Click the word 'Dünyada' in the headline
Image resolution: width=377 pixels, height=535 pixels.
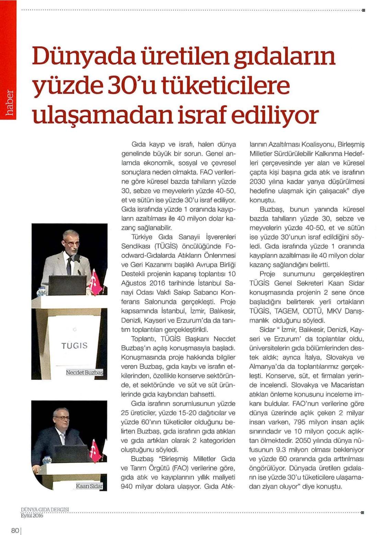click(83, 57)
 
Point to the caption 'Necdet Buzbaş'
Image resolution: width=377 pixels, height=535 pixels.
click(84, 372)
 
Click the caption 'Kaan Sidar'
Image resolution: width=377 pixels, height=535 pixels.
click(89, 486)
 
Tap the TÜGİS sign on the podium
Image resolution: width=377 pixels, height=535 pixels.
click(75, 345)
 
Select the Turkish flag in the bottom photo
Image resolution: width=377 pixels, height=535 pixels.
click(94, 450)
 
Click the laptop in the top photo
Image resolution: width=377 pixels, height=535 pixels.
click(68, 285)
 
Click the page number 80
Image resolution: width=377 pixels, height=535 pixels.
click(15, 530)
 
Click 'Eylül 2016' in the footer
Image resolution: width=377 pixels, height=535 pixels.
click(32, 515)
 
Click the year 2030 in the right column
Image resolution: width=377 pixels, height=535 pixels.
click(258, 181)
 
